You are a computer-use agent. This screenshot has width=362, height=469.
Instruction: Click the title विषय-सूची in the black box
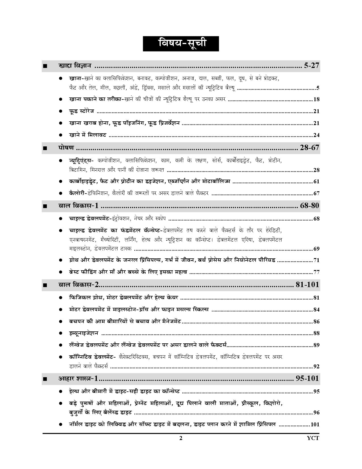click(181, 44)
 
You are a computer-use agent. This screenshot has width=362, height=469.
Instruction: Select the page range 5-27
click(311, 66)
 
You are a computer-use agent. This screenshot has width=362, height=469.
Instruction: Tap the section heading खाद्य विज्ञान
click(75, 66)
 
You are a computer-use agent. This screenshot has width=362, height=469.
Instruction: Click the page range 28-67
click(309, 148)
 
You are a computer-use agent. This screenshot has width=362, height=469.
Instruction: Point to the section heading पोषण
click(66, 148)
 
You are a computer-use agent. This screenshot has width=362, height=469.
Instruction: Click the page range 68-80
click(309, 205)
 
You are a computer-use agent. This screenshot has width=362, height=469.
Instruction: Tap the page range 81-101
click(307, 284)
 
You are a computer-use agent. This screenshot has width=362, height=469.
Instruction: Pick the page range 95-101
click(307, 378)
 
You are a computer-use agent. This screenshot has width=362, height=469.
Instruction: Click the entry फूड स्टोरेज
click(81, 111)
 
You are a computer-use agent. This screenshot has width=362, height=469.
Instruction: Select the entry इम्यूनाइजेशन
click(84, 333)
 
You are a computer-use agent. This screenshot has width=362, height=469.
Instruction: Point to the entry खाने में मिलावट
click(87, 135)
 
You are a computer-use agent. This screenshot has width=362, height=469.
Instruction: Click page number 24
click(316, 135)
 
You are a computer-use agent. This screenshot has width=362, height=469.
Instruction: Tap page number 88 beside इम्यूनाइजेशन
click(316, 333)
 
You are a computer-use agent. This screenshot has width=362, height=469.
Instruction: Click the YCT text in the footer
click(313, 438)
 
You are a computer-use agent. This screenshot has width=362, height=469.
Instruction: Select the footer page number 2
click(181, 438)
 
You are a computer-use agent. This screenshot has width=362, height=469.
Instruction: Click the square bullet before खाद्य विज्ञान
click(45, 66)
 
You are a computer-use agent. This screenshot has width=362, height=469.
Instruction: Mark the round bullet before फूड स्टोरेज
click(60, 111)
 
